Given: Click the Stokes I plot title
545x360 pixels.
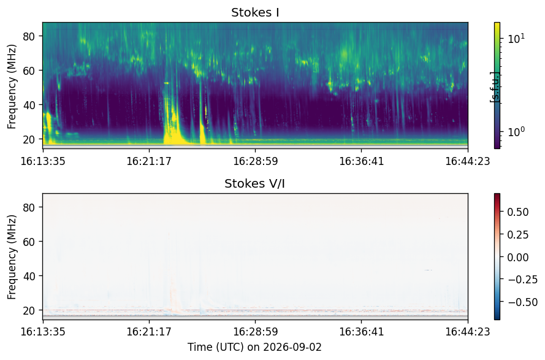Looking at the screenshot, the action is pyautogui.click(x=255, y=12).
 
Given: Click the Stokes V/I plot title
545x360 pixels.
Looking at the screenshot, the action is pyautogui.click(x=255, y=183).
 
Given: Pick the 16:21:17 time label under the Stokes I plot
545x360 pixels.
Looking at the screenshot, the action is pyautogui.click(x=149, y=161).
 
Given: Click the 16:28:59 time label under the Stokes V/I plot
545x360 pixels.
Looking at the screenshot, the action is pyautogui.click(x=256, y=332).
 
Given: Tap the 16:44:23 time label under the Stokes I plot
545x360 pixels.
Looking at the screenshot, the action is pyautogui.click(x=468, y=161).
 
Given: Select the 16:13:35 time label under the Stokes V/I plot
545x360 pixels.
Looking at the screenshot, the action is pyautogui.click(x=43, y=332).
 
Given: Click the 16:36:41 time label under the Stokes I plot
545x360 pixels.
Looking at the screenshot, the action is pyautogui.click(x=362, y=161).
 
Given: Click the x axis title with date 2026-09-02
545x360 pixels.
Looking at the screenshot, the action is pyautogui.click(x=255, y=347).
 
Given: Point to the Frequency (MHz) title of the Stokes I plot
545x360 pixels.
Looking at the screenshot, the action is pyautogui.click(x=12, y=86).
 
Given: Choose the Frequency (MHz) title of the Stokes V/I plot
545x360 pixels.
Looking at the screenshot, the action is pyautogui.click(x=12, y=258).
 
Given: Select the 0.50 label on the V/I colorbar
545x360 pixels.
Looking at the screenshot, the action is pyautogui.click(x=518, y=212).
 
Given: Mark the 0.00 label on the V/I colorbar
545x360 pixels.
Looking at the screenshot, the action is pyautogui.click(x=518, y=258).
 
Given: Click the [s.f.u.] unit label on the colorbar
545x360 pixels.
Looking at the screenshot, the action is pyautogui.click(x=495, y=87).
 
